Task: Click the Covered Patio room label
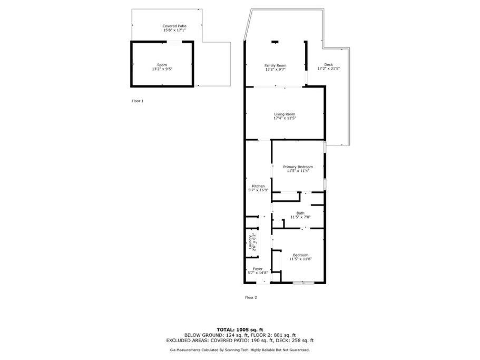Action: [x=174, y=26]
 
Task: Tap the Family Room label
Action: [x=275, y=65]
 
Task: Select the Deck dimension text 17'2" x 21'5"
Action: [x=328, y=69]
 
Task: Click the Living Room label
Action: [x=285, y=114]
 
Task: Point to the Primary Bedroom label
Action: [x=298, y=167]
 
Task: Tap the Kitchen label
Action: [x=258, y=186]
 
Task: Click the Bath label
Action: [x=300, y=213]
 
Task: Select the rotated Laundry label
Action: [x=250, y=242]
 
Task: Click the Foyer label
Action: [x=258, y=269]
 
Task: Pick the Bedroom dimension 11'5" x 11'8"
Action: [x=301, y=259]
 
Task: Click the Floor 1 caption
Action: [x=138, y=101]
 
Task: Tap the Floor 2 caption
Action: [x=251, y=297]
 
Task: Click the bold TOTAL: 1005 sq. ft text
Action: [x=240, y=330]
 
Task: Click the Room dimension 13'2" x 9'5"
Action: [x=162, y=69]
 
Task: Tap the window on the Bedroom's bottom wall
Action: [x=303, y=283]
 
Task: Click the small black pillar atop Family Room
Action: [x=275, y=42]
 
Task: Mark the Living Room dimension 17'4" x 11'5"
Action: [x=285, y=118]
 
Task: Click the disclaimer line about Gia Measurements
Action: [x=240, y=350]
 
